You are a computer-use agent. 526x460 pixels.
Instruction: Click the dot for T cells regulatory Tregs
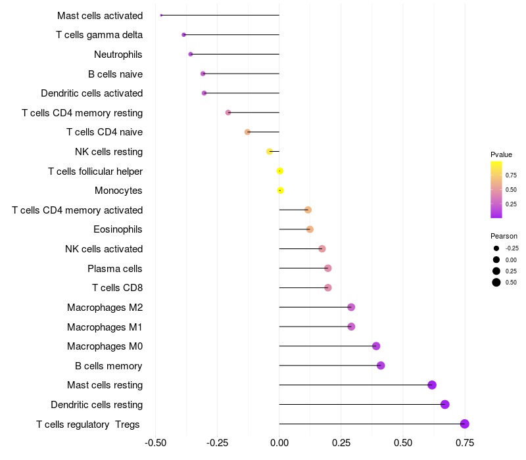465,424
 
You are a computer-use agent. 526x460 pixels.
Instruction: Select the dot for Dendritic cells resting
445,404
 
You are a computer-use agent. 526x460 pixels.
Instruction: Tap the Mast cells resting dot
432,385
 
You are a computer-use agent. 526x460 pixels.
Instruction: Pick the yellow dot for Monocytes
281,191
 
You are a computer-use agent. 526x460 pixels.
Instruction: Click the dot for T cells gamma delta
184,35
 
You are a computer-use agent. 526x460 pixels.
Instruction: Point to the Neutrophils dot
191,54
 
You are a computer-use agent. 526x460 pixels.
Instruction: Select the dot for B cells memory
381,365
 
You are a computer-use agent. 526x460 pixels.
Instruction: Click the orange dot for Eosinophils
310,229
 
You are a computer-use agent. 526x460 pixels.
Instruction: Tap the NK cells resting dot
270,152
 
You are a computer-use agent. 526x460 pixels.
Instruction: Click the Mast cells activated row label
100,15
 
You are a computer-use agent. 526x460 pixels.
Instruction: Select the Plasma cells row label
115,268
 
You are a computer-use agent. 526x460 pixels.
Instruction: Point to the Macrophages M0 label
105,346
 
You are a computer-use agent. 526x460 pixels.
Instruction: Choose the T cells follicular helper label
95,172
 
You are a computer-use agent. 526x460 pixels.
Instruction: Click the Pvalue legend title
501,154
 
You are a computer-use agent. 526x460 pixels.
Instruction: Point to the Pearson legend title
504,236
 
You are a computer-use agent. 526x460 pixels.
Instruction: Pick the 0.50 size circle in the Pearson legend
496,283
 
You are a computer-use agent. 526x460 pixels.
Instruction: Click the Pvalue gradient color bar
496,189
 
